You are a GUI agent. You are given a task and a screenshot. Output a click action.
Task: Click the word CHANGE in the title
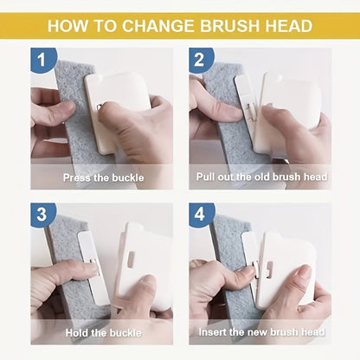click(x=155, y=25)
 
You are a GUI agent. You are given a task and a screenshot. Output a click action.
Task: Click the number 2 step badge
click(x=201, y=60)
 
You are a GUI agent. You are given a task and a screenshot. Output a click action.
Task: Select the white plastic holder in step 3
click(x=143, y=260)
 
